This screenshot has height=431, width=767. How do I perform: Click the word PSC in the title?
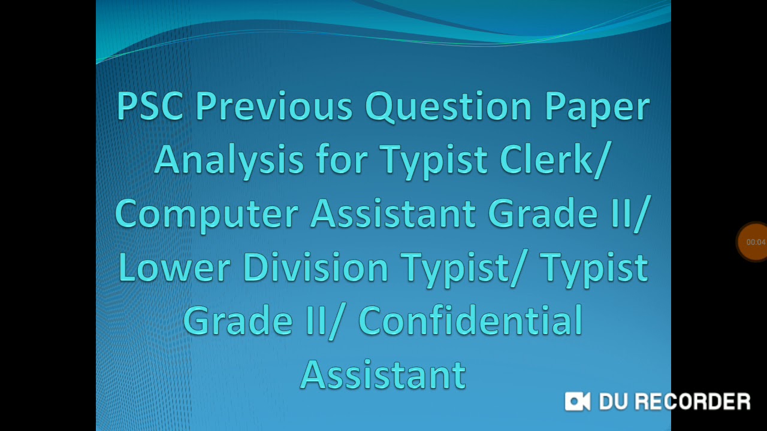151,107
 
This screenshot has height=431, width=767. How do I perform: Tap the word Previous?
274,107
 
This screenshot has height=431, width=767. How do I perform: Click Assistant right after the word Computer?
393,213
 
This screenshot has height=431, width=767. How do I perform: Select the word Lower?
174,267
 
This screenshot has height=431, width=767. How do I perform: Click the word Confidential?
470,320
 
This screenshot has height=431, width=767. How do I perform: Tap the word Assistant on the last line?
383,374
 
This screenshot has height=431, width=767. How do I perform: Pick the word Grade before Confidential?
238,320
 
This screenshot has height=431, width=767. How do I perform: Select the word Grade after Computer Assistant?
542,213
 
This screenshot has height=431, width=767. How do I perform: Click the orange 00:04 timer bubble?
754,242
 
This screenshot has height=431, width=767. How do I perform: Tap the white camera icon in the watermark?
578,402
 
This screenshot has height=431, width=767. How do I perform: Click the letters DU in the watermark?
612,402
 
